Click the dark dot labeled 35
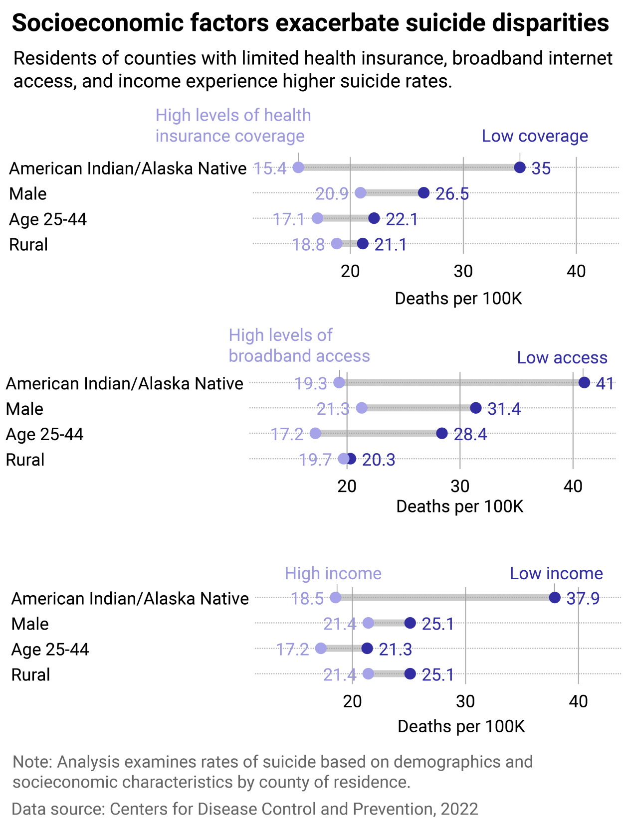click(520, 167)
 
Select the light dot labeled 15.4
click(298, 167)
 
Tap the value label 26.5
click(452, 194)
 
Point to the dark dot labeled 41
click(584, 383)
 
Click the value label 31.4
click(504, 409)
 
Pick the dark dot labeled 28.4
click(442, 434)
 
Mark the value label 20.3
click(379, 460)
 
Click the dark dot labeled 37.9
click(555, 598)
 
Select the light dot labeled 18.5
click(336, 598)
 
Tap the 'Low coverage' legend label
click(535, 136)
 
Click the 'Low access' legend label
click(562, 357)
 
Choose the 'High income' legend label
click(333, 573)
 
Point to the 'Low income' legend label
click(556, 573)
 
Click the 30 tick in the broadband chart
click(460, 486)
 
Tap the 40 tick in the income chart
click(578, 701)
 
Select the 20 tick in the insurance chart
click(350, 271)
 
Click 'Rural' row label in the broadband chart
click(25, 460)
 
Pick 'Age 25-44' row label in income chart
click(50, 650)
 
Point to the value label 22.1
click(402, 219)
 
